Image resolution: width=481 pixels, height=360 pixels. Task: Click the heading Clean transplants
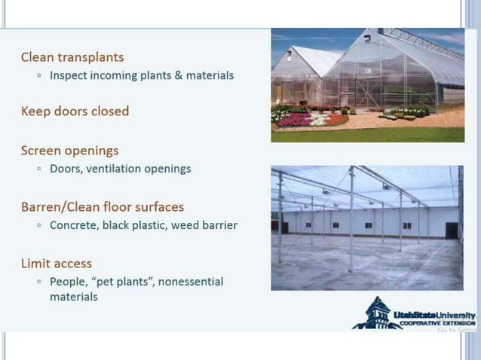coord(72,57)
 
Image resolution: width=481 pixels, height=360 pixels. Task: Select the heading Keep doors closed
coord(75,111)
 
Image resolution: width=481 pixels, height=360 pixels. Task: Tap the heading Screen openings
coord(69,151)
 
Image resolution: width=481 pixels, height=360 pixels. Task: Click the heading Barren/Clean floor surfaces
coord(103,206)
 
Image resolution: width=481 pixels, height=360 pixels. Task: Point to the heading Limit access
coord(57,264)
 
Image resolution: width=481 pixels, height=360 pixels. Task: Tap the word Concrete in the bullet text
coord(75,225)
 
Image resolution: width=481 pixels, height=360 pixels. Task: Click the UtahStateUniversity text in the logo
coord(434,314)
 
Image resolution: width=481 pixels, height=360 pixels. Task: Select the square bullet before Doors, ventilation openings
coord(39,169)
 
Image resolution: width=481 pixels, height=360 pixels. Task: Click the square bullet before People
coord(39,282)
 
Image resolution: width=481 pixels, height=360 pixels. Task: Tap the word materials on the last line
coord(74,297)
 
